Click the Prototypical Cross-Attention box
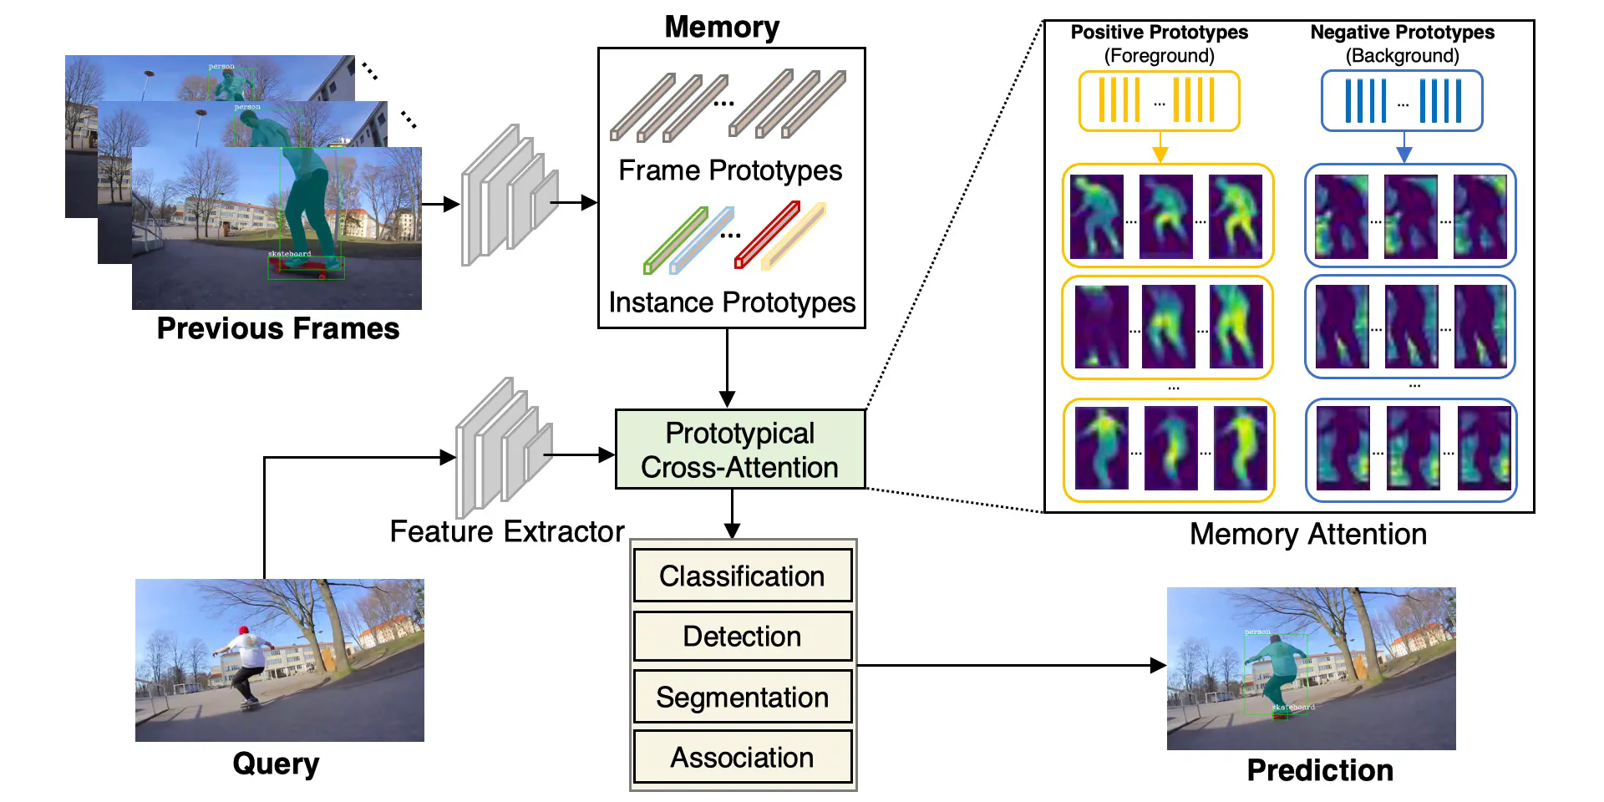click(x=740, y=449)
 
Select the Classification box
click(x=742, y=576)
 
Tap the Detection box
click(x=742, y=637)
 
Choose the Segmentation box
click(x=742, y=697)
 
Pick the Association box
click(x=742, y=757)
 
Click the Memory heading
click(x=722, y=27)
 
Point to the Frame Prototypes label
click(x=730, y=170)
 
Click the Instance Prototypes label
click(x=732, y=302)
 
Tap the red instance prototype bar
click(x=767, y=236)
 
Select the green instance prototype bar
click(x=675, y=241)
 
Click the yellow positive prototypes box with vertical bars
click(x=1159, y=101)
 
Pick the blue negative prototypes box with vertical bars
click(x=1402, y=101)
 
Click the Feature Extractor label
click(x=507, y=531)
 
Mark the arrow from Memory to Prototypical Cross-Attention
click(x=727, y=368)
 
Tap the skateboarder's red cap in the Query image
click(x=244, y=631)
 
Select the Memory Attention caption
click(x=1307, y=534)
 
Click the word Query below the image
click(x=276, y=763)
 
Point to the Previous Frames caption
click(x=278, y=328)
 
